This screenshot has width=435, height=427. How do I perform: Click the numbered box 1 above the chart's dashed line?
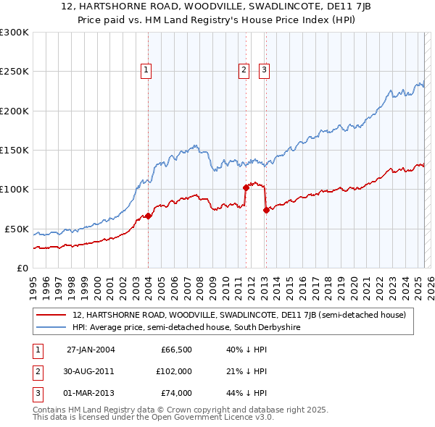click(x=146, y=70)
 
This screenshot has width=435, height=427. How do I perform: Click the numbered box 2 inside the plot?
click(x=243, y=70)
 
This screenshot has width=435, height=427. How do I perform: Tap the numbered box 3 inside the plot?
click(x=264, y=70)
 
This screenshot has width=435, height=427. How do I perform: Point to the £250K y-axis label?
click(x=14, y=72)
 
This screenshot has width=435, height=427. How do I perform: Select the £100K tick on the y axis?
click(x=14, y=190)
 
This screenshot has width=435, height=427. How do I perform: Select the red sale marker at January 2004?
click(x=148, y=216)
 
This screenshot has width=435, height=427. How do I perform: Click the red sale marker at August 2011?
click(x=246, y=187)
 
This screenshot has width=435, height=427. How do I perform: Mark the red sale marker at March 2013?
click(x=265, y=210)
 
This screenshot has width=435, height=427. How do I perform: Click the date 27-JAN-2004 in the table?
click(x=90, y=350)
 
